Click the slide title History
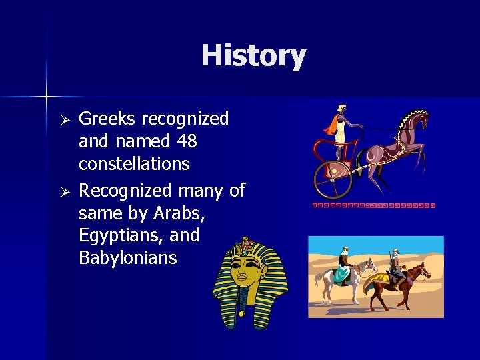click(x=253, y=55)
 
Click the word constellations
click(x=134, y=164)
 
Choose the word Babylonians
click(x=128, y=258)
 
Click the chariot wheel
click(x=333, y=179)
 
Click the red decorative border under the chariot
click(x=373, y=205)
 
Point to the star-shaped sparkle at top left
click(x=47, y=97)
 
